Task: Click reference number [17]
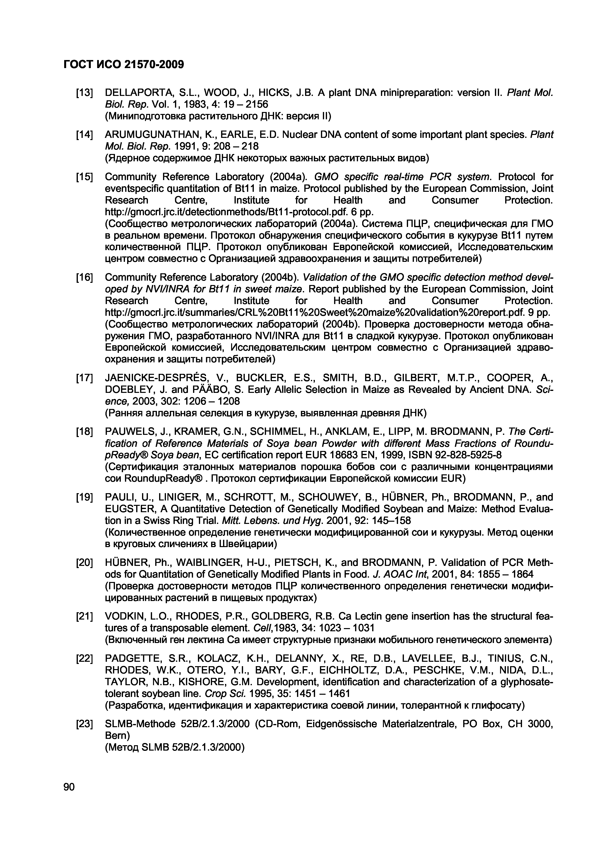tap(84, 378)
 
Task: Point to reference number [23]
tap(84, 724)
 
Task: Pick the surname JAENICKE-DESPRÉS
tap(158, 378)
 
